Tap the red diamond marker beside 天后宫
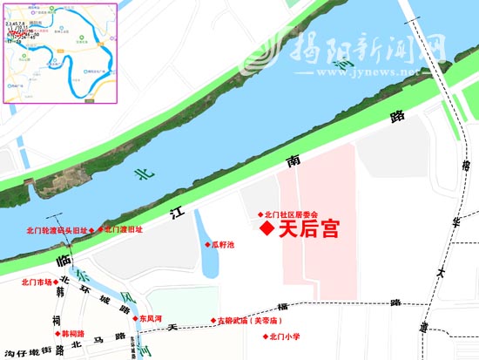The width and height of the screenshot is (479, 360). (266, 229)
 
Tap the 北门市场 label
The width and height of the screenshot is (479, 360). (37, 282)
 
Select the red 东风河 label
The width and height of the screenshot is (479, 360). (151, 319)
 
